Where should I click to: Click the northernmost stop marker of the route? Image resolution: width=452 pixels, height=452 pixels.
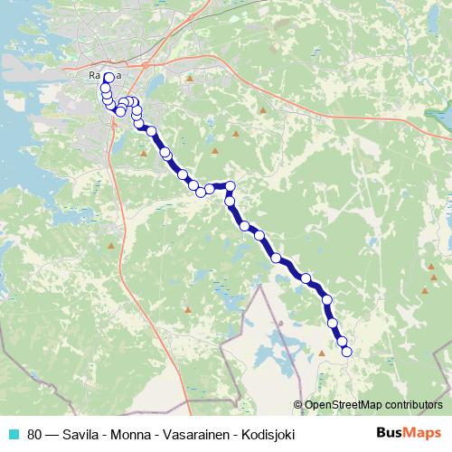click(x=108, y=78)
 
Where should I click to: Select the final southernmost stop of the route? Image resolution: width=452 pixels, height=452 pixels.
click(x=346, y=353)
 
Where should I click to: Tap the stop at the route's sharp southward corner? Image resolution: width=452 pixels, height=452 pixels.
click(x=231, y=186)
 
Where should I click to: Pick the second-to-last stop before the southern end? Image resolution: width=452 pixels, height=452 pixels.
click(x=342, y=341)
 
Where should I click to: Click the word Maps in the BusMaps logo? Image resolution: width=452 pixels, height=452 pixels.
click(x=422, y=432)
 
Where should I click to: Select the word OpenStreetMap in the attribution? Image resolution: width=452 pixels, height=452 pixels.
click(x=344, y=404)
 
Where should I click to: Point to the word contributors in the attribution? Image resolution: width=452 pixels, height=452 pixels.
click(x=415, y=404)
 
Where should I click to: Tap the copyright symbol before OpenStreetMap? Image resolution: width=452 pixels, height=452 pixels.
click(x=298, y=404)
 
